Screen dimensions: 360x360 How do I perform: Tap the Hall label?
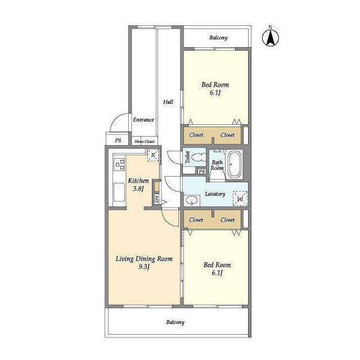tap(168, 102)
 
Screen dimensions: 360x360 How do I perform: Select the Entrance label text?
tap(143, 120)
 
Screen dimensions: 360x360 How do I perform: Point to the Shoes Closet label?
tap(145, 141)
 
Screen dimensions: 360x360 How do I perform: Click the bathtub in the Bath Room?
tap(235, 164)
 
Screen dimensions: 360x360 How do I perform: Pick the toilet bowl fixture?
tap(197, 158)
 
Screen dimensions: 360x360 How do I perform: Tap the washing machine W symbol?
tap(240, 199)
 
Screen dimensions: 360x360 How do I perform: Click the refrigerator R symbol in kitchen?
tap(153, 155)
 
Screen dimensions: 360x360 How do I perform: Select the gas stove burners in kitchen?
tap(120, 164)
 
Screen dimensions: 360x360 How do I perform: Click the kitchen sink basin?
tap(119, 192)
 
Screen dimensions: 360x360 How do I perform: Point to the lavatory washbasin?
tap(192, 201)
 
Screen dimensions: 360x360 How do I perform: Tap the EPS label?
tap(157, 199)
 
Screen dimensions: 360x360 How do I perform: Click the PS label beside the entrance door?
tap(118, 140)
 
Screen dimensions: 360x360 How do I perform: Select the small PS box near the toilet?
tap(202, 172)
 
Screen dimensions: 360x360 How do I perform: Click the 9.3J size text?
tap(144, 267)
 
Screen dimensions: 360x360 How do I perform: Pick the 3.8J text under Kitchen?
tap(138, 189)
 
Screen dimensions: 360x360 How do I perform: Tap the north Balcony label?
tap(218, 38)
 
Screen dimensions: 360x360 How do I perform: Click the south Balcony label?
tap(175, 322)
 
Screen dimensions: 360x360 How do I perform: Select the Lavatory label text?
tap(215, 194)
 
